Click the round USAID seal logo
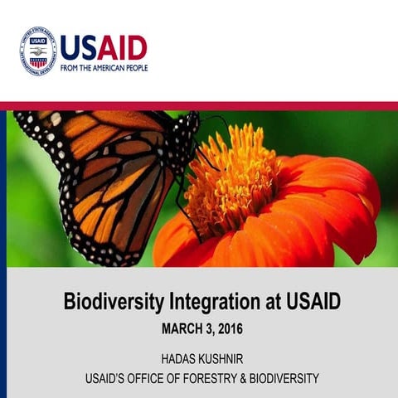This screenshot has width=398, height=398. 37,51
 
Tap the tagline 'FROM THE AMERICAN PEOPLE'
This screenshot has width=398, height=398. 104,67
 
